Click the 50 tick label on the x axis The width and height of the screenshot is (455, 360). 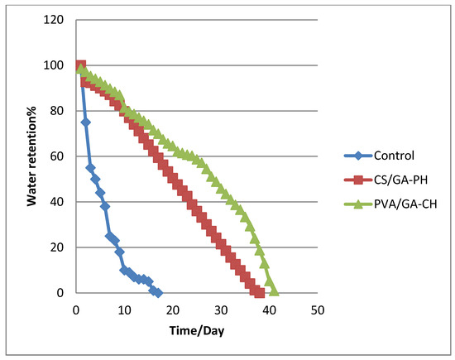tap(316, 309)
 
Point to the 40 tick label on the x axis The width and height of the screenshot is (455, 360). tap(268, 309)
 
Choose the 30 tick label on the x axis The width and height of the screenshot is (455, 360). tap(220, 309)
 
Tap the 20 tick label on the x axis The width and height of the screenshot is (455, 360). tap(172, 309)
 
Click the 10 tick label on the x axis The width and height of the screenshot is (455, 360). tap(124, 309)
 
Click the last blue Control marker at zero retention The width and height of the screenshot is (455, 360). tap(157, 292)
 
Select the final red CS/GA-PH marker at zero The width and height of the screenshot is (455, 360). tap(259, 292)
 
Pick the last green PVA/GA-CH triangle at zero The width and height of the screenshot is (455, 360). tap(274, 291)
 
